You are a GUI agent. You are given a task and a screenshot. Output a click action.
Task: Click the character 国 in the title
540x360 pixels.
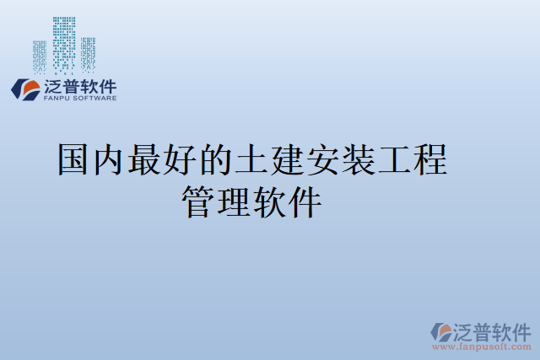pyautogui.click(x=74, y=159)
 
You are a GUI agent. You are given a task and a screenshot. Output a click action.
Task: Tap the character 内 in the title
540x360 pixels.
pyautogui.click(x=110, y=159)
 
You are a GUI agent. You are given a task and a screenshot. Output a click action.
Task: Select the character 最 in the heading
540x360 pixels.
pyautogui.click(x=145, y=159)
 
